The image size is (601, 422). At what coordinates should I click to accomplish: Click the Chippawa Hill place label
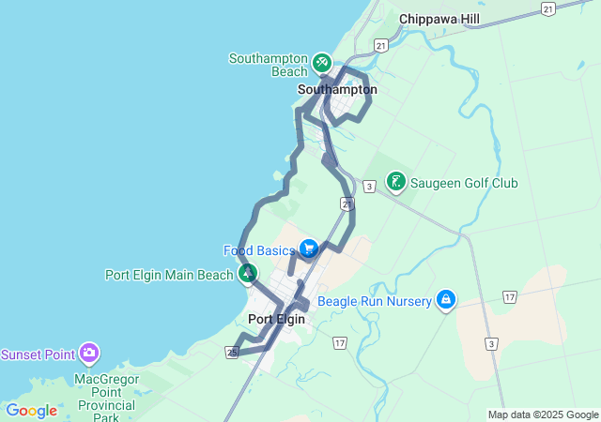click(x=439, y=19)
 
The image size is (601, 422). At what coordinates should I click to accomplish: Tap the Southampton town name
click(x=337, y=90)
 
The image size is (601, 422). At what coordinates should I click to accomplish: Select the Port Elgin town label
click(x=276, y=319)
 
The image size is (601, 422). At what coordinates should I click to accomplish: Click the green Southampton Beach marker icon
click(x=321, y=62)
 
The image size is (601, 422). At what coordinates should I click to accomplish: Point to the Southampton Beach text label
click(x=269, y=65)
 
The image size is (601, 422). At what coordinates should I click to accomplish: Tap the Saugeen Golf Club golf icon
click(x=396, y=182)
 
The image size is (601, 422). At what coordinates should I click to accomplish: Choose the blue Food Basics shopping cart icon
click(x=308, y=249)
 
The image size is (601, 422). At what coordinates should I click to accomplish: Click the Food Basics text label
click(x=259, y=250)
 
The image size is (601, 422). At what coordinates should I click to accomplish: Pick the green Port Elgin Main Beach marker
click(x=248, y=274)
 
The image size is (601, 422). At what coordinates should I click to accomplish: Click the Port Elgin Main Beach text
click(x=168, y=275)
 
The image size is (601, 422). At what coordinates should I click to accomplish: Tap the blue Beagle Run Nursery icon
click(x=446, y=300)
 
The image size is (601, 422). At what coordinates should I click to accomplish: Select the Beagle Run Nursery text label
click(x=374, y=301)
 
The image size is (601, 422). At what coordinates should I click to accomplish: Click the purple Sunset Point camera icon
click(x=89, y=354)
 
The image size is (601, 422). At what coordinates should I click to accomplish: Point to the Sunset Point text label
click(x=38, y=354)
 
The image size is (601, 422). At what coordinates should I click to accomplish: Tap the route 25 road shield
click(x=231, y=352)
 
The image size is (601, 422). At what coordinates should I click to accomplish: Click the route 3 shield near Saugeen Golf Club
click(x=370, y=187)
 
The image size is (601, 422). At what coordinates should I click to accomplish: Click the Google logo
click(x=31, y=410)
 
